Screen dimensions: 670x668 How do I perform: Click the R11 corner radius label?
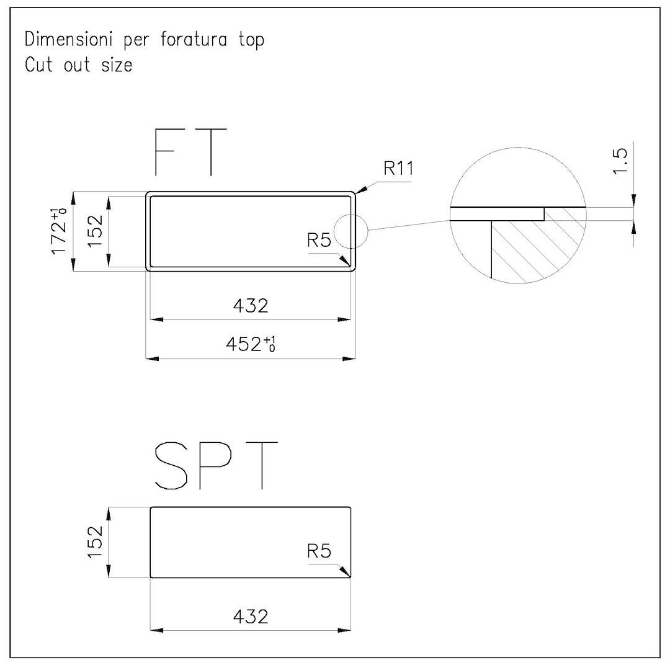point(399,168)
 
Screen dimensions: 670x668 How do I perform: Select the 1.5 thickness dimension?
point(620,161)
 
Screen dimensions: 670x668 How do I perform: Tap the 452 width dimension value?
point(251,344)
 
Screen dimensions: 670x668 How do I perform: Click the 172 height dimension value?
point(58,231)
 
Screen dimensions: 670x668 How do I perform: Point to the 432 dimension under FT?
point(251,306)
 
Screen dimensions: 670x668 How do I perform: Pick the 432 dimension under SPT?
point(251,617)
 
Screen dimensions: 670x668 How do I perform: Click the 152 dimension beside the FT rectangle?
point(96,231)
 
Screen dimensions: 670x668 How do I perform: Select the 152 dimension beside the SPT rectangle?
point(96,542)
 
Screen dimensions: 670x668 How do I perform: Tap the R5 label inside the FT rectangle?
point(319,241)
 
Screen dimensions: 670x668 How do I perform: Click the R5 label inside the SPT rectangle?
point(319,551)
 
